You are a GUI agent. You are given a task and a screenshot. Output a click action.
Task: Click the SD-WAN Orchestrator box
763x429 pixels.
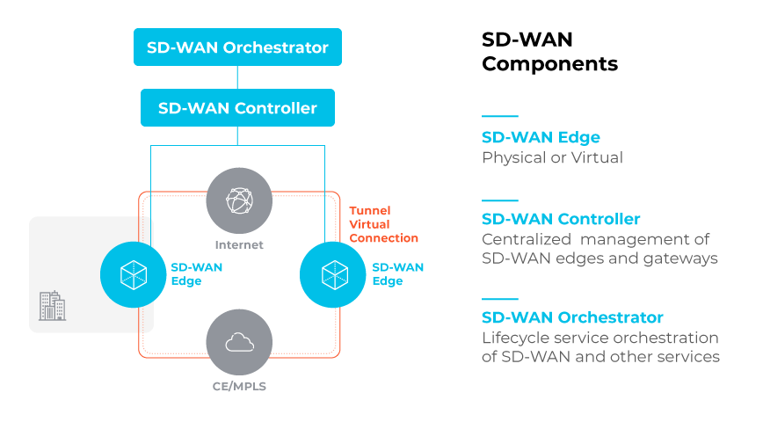(237, 47)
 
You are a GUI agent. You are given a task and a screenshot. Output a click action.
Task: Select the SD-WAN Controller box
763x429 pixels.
(237, 108)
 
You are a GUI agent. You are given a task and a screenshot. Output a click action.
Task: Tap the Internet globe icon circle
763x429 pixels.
(239, 200)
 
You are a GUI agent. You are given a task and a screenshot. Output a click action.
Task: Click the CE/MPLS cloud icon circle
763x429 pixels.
(239, 342)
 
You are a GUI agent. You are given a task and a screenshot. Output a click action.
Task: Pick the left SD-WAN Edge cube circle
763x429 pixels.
(134, 274)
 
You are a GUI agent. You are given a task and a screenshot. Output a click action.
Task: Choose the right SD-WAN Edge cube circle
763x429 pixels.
(332, 274)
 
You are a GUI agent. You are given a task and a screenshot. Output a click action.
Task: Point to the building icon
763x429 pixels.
(53, 306)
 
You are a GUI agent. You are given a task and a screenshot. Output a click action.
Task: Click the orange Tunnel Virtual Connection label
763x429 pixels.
(383, 224)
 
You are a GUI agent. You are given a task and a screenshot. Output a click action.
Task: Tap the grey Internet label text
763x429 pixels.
(239, 244)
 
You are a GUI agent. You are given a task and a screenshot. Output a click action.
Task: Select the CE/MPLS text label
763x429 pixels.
(239, 387)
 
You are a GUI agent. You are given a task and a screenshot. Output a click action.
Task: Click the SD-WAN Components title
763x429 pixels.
(549, 52)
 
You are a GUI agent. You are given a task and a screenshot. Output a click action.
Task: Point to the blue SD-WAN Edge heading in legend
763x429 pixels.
(541, 137)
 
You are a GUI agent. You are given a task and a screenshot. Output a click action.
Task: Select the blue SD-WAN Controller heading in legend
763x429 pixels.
(561, 219)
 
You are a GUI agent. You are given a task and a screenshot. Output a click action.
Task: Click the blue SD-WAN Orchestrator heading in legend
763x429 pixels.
(572, 317)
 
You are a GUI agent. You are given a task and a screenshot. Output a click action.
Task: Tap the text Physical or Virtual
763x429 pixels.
(552, 158)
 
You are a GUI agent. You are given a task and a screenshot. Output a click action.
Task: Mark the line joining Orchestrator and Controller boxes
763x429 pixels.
(237, 77)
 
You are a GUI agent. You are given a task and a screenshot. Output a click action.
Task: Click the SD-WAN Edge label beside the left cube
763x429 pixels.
(197, 274)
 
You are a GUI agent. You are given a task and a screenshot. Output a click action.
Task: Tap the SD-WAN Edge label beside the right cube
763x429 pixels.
(397, 274)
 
